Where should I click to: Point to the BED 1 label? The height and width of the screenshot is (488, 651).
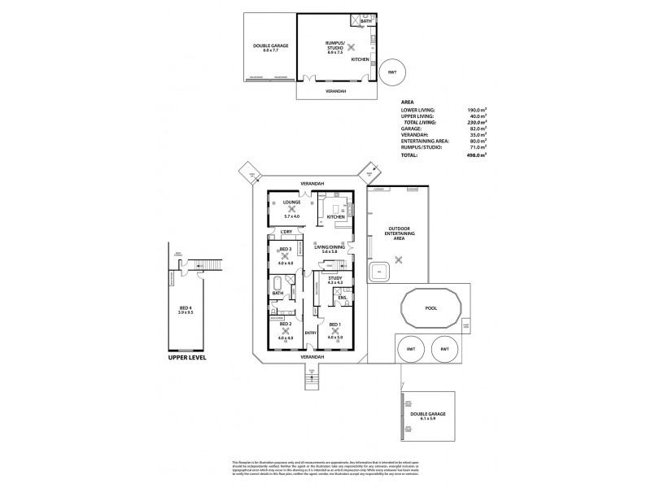point(334,324)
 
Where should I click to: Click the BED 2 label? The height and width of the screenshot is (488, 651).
point(285,324)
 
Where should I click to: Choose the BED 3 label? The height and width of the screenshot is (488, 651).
point(285,250)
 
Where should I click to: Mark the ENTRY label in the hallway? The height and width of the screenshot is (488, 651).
point(310,333)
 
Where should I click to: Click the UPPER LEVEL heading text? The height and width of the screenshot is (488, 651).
point(185,357)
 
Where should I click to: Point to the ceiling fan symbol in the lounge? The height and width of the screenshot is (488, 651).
point(292,209)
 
